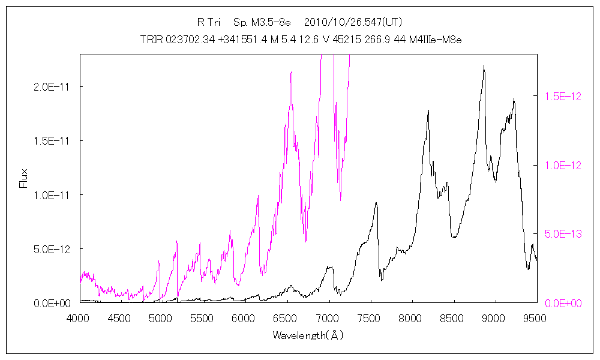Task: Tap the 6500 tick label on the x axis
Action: [x=287, y=318]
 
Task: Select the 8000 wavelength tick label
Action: [x=411, y=318]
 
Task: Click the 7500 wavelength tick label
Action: [x=370, y=318]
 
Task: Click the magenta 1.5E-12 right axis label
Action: [x=563, y=96]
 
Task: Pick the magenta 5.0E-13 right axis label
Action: [x=563, y=234]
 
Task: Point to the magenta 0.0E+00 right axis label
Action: [x=563, y=303]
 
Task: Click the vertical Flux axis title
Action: [x=24, y=178]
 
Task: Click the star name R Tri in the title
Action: [x=209, y=23]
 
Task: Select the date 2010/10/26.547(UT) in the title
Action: [x=353, y=23]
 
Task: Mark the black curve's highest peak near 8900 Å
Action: [x=484, y=66]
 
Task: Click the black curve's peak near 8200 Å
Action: [x=428, y=111]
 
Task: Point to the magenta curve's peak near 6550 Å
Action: [x=292, y=71]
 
